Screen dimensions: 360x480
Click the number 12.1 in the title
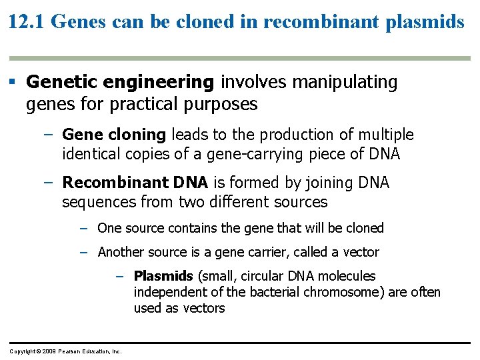26,21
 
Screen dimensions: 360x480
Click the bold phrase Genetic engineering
120,83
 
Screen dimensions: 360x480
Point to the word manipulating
343,82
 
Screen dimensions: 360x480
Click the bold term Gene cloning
114,135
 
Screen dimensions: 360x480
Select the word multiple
385,135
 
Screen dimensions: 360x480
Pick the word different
218,202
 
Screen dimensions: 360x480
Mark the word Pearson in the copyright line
70,351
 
